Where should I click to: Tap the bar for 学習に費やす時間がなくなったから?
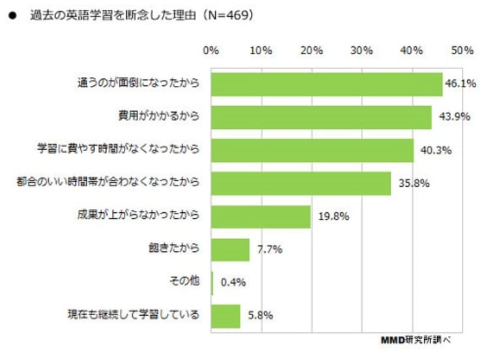pyautogui.click(x=313, y=150)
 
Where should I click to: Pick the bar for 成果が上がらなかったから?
pyautogui.click(x=261, y=216)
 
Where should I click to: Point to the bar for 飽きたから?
pyautogui.click(x=231, y=249)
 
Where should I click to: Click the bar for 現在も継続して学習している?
pyautogui.click(x=226, y=316)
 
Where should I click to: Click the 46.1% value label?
pyautogui.click(x=458, y=84)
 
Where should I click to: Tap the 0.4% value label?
pyautogui.click(x=233, y=283)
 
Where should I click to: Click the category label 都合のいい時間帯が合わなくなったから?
pyautogui.click(x=108, y=183)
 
